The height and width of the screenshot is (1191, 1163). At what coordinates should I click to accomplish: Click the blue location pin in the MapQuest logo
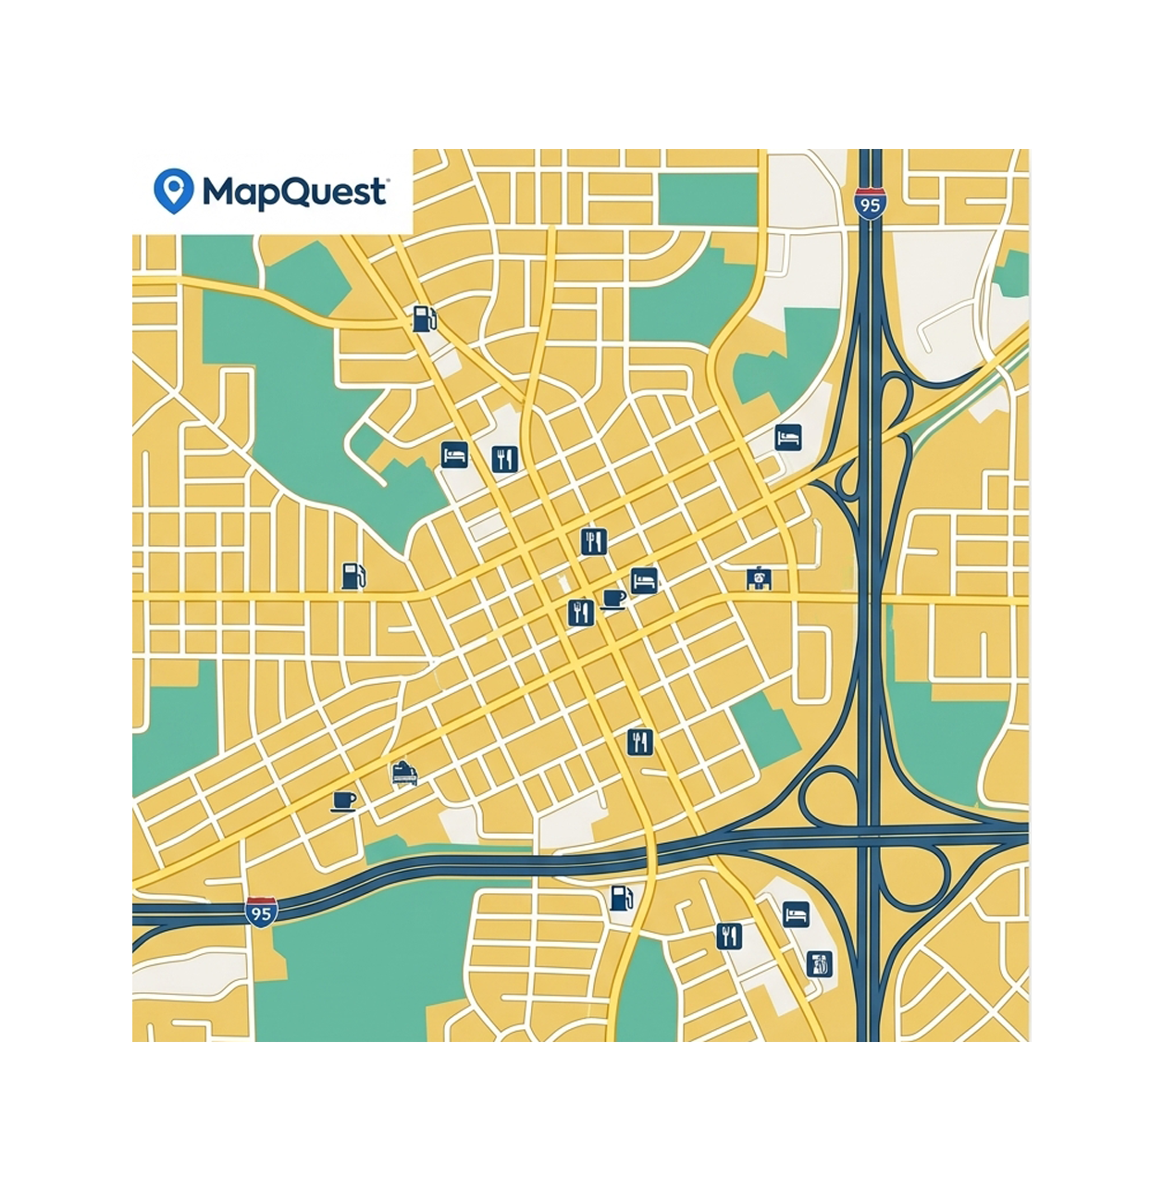(173, 190)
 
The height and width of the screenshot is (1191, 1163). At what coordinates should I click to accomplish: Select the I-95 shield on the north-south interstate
(869, 204)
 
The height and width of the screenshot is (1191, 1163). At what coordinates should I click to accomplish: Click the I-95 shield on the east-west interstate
(262, 912)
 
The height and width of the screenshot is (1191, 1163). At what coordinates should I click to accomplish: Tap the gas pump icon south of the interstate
(622, 897)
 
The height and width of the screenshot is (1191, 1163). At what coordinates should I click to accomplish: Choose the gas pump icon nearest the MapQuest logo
(423, 319)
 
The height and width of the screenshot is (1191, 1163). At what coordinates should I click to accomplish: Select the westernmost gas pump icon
(353, 576)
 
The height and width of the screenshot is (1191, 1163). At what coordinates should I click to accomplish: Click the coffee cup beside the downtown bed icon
(613, 600)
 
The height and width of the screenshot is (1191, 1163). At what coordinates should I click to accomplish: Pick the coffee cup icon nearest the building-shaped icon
(343, 800)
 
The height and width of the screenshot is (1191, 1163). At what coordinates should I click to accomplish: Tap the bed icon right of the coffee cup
(644, 581)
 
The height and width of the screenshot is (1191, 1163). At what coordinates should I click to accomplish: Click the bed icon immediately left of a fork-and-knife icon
(453, 455)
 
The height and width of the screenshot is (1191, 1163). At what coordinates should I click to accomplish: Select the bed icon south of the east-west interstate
(796, 914)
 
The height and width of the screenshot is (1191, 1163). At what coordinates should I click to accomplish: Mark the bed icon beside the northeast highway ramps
(787, 437)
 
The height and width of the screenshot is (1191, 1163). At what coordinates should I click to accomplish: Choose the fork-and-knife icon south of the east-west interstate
(729, 936)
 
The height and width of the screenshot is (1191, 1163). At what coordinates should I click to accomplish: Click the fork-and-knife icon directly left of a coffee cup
(580, 612)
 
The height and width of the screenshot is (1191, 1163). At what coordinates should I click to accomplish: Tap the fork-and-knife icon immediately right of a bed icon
(503, 458)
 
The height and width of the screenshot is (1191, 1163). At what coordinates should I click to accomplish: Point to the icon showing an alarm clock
(760, 579)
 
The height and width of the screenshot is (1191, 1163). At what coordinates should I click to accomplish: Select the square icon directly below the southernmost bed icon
(819, 964)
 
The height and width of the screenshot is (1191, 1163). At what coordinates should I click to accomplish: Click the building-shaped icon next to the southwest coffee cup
(403, 773)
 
